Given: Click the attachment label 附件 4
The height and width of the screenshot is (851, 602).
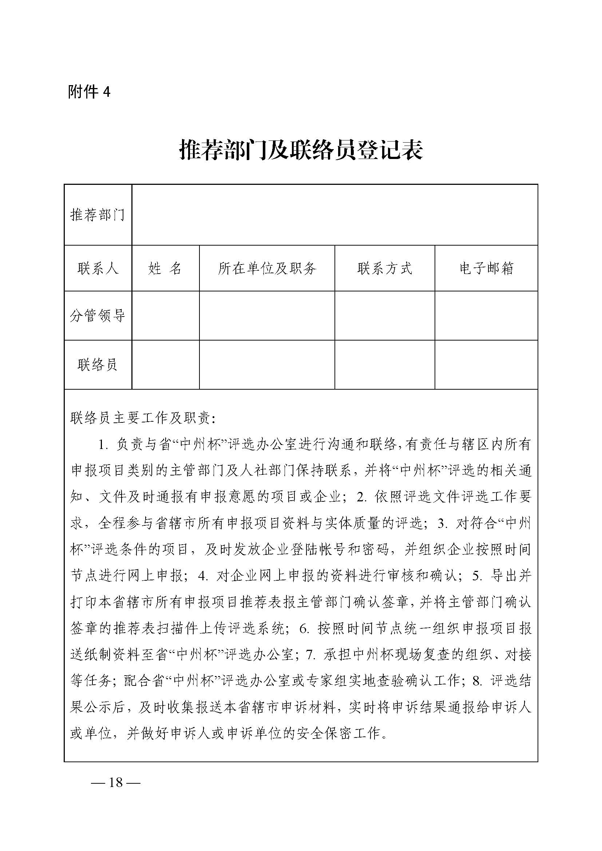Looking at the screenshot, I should point(89,92).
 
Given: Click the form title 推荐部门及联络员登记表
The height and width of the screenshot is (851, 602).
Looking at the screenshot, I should point(301,150).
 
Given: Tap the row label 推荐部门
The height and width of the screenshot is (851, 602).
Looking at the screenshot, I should point(98,215).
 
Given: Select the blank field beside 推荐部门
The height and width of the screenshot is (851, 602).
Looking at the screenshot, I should point(334,215).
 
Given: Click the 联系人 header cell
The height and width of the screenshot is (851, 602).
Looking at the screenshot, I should point(98,268).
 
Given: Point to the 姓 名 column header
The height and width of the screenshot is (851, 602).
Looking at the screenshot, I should point(165,268).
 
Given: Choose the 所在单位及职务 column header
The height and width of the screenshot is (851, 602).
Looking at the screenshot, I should point(267,268).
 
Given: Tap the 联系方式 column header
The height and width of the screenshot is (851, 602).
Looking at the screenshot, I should point(384,268).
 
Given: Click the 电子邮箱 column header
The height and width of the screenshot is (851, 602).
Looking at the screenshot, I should point(486,268).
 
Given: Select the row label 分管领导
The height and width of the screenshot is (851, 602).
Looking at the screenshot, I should point(98,315).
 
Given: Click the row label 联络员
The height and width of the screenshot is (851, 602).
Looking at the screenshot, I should point(98,365).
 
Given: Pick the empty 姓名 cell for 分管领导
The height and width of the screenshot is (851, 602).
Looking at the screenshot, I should point(165,315).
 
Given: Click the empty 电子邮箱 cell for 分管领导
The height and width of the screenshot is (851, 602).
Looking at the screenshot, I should point(486,315).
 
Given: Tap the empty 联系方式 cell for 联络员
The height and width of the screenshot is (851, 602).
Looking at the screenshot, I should point(384,365).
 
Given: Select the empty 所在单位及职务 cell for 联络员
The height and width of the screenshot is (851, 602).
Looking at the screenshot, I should point(267,365).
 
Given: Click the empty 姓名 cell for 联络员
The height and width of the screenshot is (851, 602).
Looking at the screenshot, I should point(165,365).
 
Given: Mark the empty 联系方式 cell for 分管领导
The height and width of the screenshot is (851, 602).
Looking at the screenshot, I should point(384,315).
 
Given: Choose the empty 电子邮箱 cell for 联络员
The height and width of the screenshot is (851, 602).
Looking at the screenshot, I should point(486,365).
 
